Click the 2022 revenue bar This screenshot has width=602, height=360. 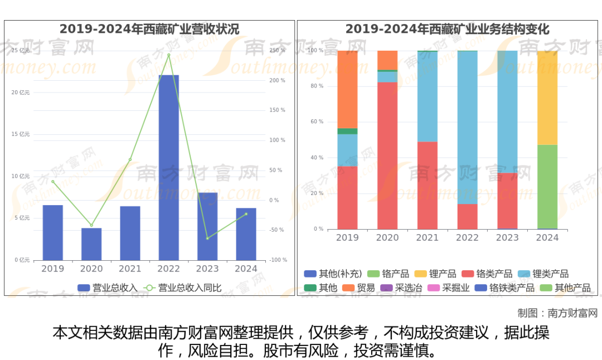[x=168, y=167]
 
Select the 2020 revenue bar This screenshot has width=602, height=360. [x=91, y=244]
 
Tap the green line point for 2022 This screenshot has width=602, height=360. [x=168, y=55]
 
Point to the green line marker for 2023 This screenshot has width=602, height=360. [x=207, y=239]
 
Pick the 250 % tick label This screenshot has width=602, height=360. [x=277, y=51]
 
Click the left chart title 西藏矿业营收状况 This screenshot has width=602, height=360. [x=149, y=29]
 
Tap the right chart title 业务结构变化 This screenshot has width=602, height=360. [x=447, y=29]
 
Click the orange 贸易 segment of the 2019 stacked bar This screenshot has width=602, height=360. [x=347, y=89]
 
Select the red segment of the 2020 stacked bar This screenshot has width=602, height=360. [x=387, y=156]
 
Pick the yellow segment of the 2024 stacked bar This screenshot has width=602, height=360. [x=547, y=98]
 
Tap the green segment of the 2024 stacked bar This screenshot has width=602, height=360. [x=547, y=187]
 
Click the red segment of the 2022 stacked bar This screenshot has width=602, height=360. [x=467, y=216]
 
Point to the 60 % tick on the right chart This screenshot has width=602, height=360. [x=317, y=122]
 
